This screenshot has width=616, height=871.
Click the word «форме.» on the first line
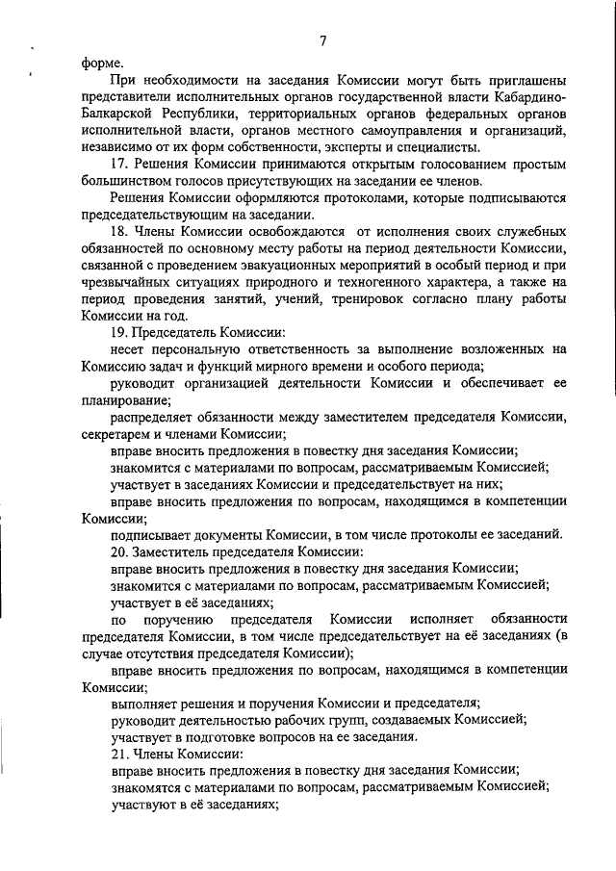(102, 60)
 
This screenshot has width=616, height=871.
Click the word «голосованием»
(449, 165)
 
